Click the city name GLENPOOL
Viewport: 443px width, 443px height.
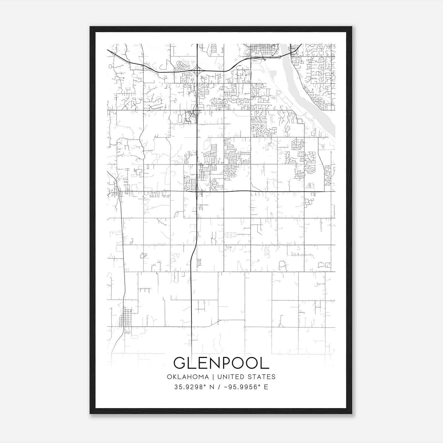221,363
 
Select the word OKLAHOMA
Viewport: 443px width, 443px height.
188,377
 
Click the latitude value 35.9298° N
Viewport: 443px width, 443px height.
194,387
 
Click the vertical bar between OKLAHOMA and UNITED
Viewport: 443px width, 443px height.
213,377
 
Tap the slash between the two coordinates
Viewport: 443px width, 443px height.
219,387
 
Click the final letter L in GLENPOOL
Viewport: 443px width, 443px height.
265,363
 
